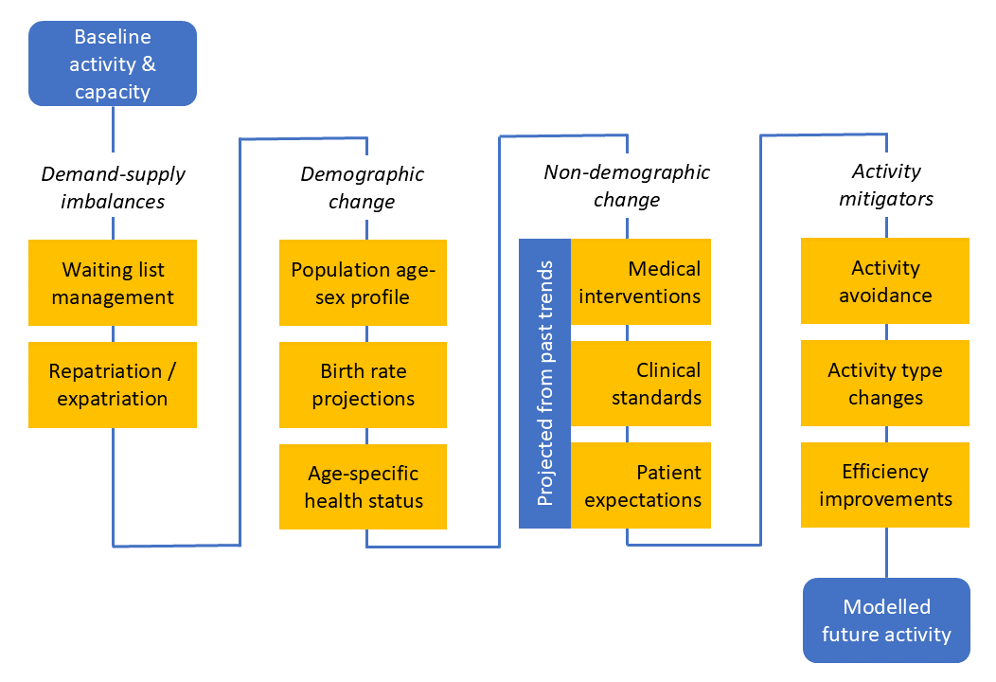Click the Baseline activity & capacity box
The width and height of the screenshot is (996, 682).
113,63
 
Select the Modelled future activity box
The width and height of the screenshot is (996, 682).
886,620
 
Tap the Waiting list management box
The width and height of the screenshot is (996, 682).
113,283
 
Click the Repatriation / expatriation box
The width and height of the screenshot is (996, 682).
113,385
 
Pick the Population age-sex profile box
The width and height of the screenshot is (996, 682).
363,283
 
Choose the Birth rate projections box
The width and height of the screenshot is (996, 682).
363,385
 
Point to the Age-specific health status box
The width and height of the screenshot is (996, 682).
363,486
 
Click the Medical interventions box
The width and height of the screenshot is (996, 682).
641,282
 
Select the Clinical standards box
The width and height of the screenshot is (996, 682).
641,384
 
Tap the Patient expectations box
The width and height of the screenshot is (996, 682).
641,485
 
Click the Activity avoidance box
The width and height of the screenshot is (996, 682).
885,281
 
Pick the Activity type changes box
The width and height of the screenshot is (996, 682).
885,383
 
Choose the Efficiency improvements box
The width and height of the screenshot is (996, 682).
885,484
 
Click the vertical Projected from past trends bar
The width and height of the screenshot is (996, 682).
545,384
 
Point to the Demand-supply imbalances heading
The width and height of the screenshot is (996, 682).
113,188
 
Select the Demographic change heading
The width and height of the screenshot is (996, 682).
363,188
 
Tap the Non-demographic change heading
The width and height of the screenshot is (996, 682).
627,186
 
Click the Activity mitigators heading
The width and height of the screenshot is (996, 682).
886,185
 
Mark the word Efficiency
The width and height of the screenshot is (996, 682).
885,472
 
